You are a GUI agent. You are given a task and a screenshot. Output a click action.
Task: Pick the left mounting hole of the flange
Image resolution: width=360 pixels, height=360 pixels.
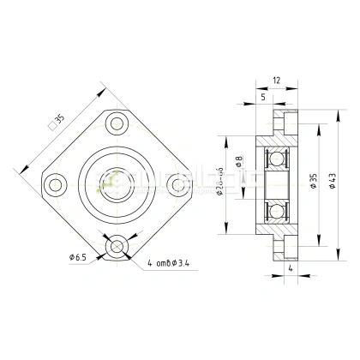[56, 183]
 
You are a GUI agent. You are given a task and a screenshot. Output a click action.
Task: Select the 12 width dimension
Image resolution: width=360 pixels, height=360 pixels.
[275, 81]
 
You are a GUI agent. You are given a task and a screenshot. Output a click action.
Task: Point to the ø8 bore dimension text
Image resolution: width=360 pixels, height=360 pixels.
[239, 162]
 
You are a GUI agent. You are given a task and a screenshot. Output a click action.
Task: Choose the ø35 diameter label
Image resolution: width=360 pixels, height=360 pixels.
[313, 181]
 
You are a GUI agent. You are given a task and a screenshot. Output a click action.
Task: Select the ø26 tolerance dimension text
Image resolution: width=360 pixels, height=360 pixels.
[221, 181]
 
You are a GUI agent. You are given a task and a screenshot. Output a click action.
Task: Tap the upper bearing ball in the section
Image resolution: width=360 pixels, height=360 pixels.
[276, 159]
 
